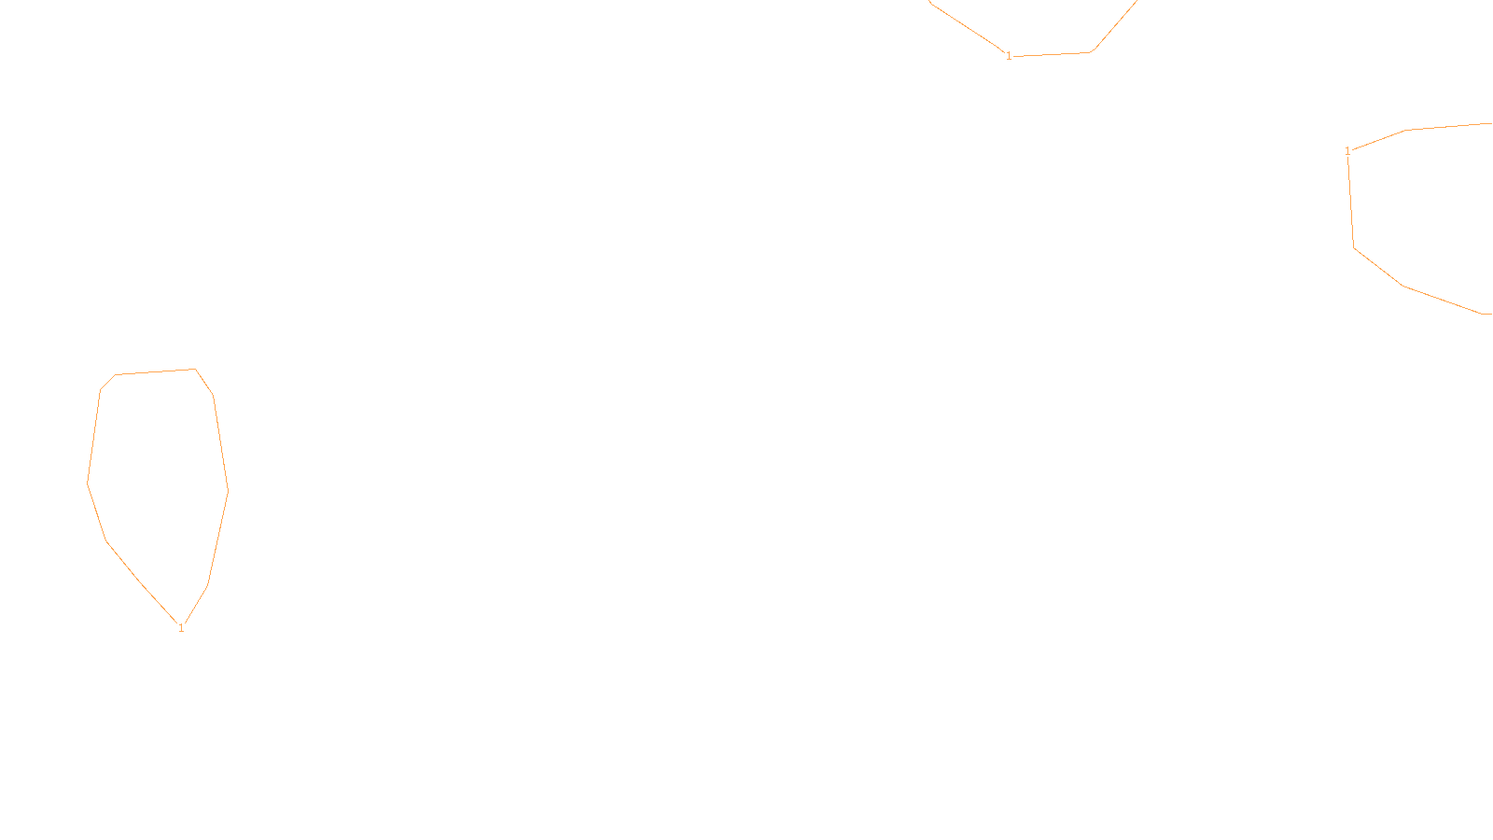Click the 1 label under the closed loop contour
pos(181,628)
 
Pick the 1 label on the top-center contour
pos(1009,56)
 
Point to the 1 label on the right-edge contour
pos(1347,151)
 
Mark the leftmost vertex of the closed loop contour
pos(88,483)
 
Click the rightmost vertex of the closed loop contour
pos(228,490)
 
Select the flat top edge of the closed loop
pos(155,372)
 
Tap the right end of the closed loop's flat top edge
pos(195,370)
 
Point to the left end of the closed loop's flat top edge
pos(116,375)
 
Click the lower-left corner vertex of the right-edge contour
pos(1354,247)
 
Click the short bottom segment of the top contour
pos(1051,54)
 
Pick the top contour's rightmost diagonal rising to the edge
pos(1114,26)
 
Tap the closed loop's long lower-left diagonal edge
pos(142,581)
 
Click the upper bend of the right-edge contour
pos(1405,130)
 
